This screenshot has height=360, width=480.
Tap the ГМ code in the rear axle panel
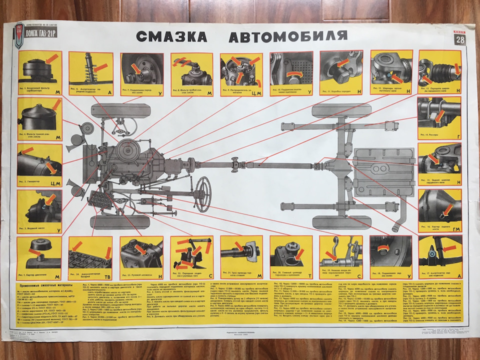(456, 228)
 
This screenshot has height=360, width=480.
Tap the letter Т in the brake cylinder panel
(308, 275)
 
